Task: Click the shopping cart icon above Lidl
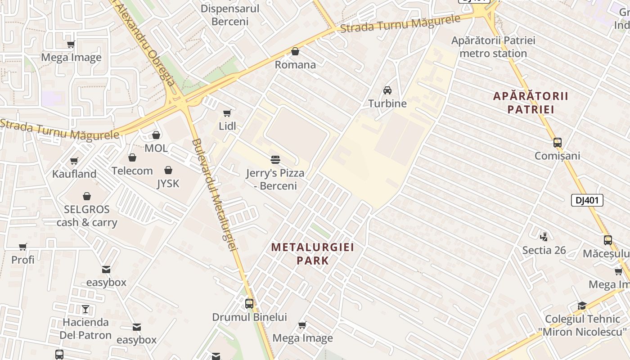click(227, 113)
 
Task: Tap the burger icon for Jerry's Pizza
click(275, 160)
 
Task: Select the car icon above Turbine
click(387, 90)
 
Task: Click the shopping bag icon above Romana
click(295, 52)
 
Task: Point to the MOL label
click(156, 148)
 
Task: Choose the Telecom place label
click(132, 171)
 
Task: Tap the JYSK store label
click(168, 183)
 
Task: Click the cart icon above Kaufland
click(74, 161)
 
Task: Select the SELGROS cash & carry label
click(87, 216)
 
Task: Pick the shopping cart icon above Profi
click(23, 247)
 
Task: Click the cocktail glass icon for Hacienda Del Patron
click(85, 309)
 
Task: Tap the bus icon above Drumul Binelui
click(249, 304)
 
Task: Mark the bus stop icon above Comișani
click(558, 143)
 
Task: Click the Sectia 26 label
click(544, 250)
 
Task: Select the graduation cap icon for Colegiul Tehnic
click(582, 306)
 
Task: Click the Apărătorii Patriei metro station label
click(493, 47)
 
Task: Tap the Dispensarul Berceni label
click(230, 15)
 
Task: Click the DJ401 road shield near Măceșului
click(587, 200)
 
